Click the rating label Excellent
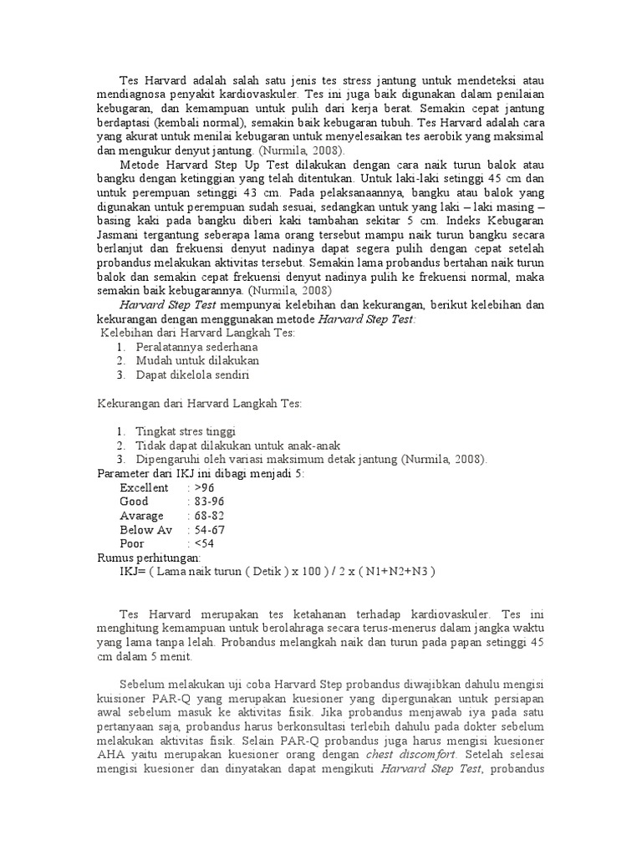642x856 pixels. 144,487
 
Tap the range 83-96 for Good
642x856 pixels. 209,502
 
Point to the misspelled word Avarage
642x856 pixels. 142,516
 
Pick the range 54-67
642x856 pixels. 209,530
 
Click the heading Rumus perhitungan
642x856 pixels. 149,558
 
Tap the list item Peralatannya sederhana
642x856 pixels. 197,346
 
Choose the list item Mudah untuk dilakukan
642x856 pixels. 197,360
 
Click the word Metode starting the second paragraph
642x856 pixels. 142,163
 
